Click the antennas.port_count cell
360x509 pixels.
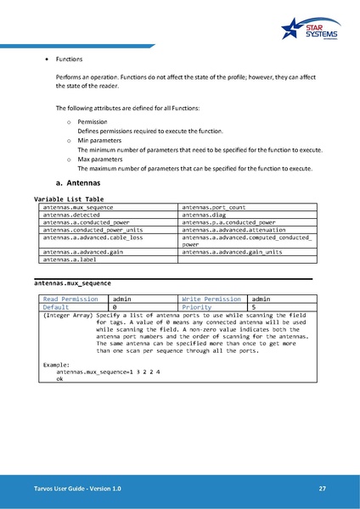[213, 207]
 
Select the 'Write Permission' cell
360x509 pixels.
[211, 299]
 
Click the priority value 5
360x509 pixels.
[253, 306]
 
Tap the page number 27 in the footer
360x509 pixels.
[322, 489]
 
